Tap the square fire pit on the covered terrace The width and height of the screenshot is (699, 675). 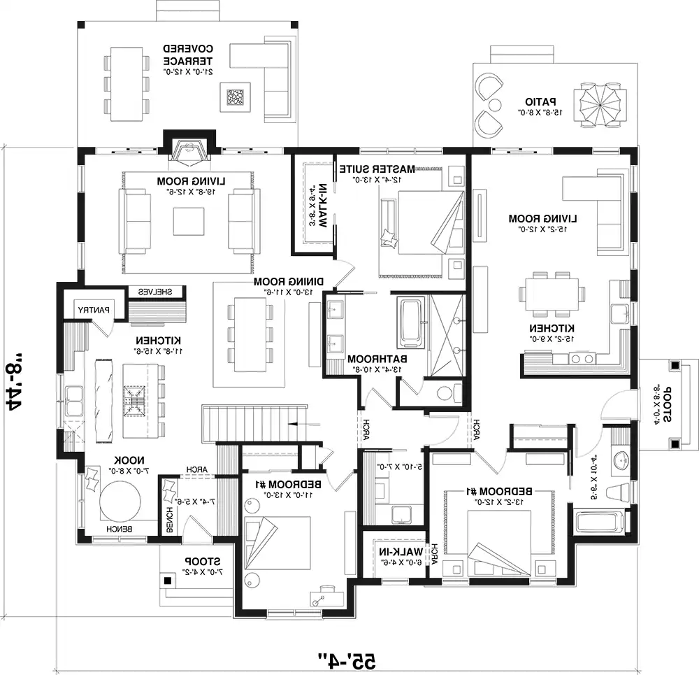(x=236, y=95)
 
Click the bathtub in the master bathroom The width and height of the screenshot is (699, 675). (x=410, y=322)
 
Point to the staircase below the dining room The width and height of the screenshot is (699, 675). (x=254, y=422)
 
